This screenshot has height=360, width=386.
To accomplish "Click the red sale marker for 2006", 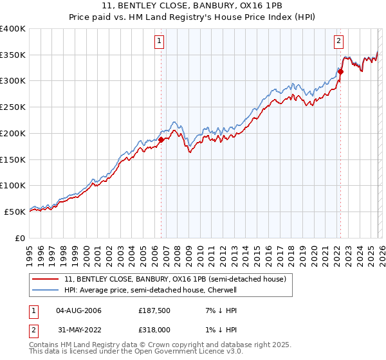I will click(161, 139).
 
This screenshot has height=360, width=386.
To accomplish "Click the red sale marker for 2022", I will click(340, 71).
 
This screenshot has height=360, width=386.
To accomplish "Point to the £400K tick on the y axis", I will click(13, 29).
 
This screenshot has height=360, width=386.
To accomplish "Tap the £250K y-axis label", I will click(13, 107).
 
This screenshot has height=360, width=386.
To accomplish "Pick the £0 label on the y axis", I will click(20, 238).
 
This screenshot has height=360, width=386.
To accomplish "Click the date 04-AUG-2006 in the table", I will click(79, 310).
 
